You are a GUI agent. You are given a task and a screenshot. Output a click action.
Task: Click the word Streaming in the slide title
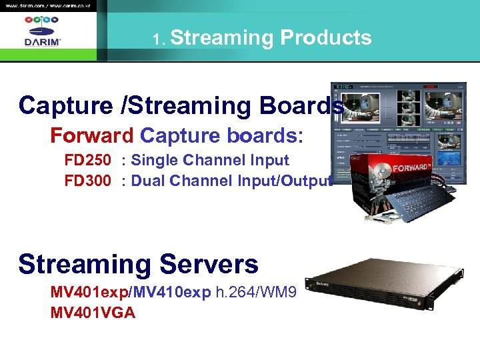click(222, 37)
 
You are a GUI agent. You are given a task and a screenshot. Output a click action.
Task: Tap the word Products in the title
click(325, 37)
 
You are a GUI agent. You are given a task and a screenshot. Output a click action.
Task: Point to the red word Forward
click(92, 136)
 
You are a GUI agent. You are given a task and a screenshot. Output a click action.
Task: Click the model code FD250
click(87, 161)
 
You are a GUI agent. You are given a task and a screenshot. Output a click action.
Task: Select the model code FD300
click(87, 181)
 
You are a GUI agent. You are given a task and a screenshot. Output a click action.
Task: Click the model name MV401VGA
click(93, 312)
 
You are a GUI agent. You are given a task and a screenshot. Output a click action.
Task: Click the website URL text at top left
click(47, 5)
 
